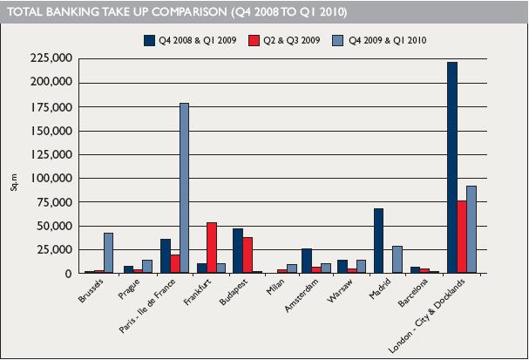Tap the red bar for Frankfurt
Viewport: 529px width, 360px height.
[x=211, y=248]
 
